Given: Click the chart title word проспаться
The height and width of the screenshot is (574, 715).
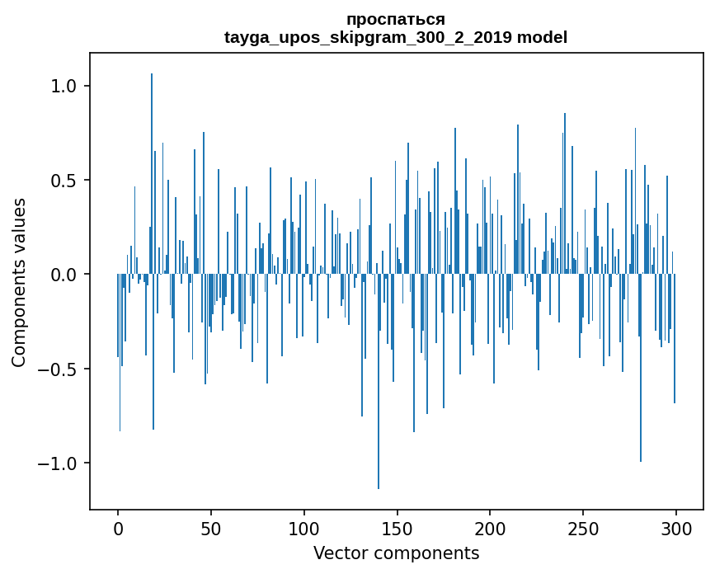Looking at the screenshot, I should [x=396, y=20].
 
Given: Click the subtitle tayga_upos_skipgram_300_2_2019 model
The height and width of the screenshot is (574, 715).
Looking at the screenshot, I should [x=396, y=37].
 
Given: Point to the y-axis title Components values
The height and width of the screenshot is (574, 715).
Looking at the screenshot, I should [x=19, y=282].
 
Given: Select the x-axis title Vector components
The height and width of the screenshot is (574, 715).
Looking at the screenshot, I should [x=396, y=553].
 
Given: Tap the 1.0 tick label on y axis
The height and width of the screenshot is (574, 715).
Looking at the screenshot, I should [x=64, y=86].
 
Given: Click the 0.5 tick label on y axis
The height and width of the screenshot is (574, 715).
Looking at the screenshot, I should [x=64, y=181].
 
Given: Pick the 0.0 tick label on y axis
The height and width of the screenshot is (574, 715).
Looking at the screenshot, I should [x=64, y=275].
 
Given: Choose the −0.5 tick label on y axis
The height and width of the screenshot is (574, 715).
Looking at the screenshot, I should [x=57, y=369].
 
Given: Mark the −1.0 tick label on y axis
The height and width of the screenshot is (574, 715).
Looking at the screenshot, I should [x=57, y=463].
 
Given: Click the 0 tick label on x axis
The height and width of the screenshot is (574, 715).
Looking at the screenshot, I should [x=118, y=528].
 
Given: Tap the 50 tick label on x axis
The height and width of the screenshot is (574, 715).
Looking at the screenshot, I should [x=211, y=528].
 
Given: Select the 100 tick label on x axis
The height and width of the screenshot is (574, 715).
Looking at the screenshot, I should [x=304, y=528].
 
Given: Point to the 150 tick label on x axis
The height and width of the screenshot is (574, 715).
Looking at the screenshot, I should [x=397, y=528].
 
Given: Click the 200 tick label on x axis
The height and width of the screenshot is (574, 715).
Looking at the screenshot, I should [x=490, y=528].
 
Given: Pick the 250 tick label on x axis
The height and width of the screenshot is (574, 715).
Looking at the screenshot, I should [x=583, y=528].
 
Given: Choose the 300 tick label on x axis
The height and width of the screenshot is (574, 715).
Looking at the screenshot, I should [x=676, y=528].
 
